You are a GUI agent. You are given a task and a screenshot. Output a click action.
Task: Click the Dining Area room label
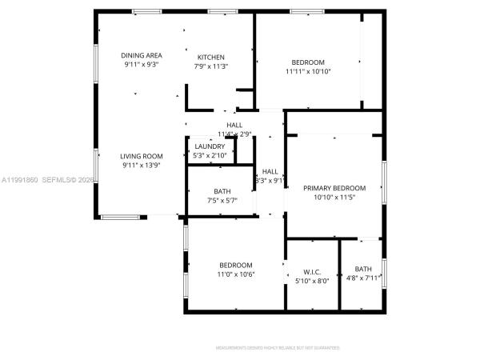point(142,55)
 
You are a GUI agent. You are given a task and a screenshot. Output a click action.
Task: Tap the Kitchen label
point(211,58)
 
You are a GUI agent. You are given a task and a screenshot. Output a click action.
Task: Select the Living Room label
point(142,156)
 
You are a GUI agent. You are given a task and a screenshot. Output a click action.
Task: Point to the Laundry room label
point(210,146)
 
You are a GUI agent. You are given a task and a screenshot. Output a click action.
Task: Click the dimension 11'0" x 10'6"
point(236,274)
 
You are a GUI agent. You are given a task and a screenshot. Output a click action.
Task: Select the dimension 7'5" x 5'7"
point(222,200)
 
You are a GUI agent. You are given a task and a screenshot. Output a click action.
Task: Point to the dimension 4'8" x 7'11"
point(363,278)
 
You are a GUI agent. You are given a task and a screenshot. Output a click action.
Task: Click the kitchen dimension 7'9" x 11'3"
point(211,66)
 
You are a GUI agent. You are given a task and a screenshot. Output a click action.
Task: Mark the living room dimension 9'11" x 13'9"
point(142,166)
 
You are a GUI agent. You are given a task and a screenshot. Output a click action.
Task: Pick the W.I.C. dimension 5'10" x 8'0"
point(311,280)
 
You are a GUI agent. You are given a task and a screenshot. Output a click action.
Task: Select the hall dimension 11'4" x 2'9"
point(234,134)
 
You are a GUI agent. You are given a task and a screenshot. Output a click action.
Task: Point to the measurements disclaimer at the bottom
point(278,348)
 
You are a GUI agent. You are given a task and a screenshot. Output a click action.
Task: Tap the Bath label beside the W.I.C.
point(363,269)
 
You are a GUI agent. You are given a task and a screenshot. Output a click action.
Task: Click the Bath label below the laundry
point(222,191)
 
